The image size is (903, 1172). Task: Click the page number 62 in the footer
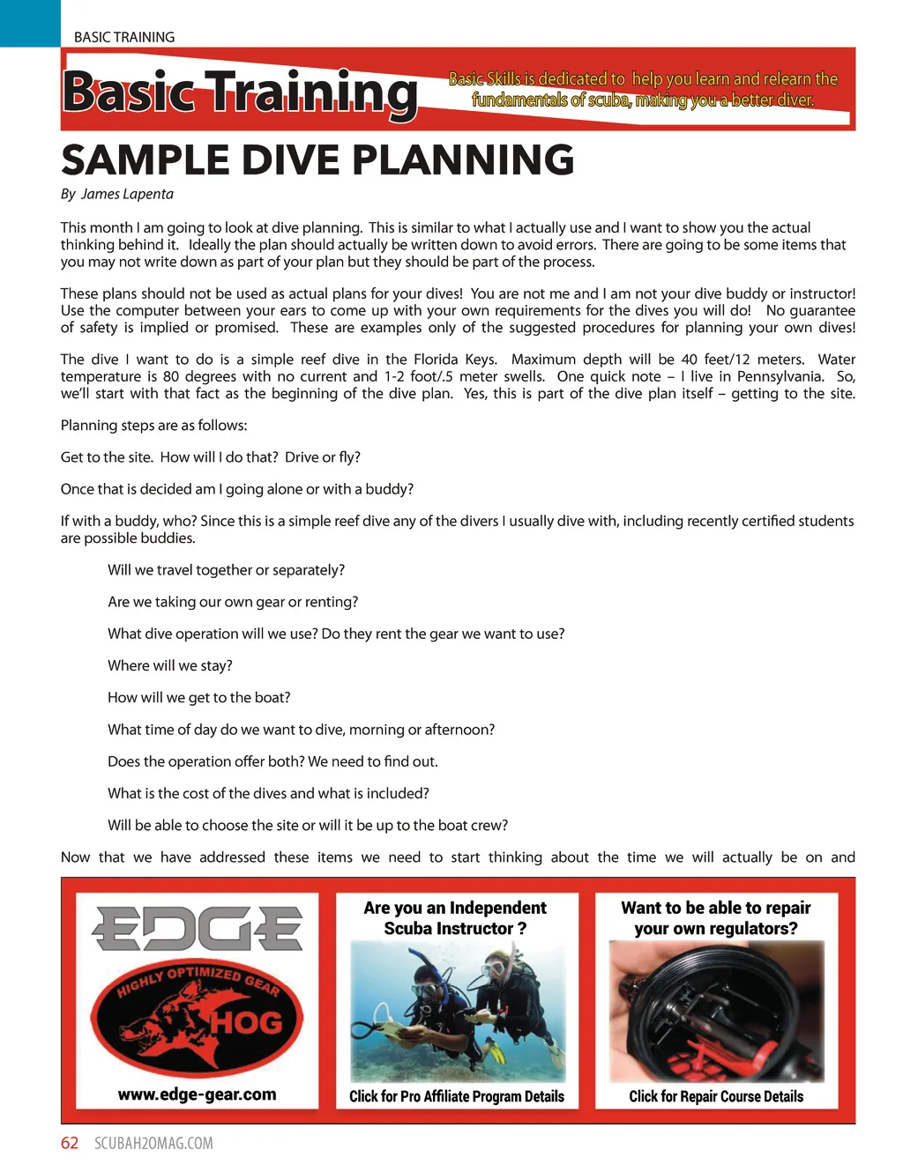click(70, 1143)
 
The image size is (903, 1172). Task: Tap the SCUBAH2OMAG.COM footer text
click(153, 1143)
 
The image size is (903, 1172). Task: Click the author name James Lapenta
click(127, 194)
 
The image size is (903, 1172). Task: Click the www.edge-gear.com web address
click(197, 1094)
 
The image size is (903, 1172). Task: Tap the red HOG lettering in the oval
click(246, 1022)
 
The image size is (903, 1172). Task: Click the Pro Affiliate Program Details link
click(457, 1096)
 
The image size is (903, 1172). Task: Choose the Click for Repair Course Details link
click(716, 1096)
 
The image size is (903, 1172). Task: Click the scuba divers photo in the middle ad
click(457, 1010)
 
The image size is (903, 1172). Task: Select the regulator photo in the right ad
click(716, 1012)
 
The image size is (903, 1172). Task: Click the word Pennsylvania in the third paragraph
click(780, 376)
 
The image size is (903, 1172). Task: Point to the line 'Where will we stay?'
click(170, 665)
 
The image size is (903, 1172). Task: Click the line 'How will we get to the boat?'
click(199, 697)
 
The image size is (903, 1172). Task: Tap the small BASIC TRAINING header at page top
click(124, 37)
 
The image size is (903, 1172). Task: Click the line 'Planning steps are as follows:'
click(154, 425)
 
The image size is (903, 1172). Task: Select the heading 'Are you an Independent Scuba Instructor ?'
click(455, 917)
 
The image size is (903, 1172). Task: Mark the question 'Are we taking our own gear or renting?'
click(233, 602)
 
